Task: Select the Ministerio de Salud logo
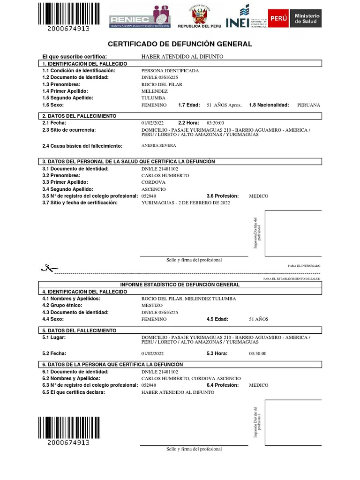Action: pyautogui.click(x=294, y=18)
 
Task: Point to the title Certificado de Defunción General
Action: pyautogui.click(x=180, y=44)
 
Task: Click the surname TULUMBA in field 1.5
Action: pyautogui.click(x=153, y=98)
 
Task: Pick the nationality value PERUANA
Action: pyautogui.click(x=308, y=105)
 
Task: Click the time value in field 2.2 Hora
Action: pyautogui.click(x=222, y=122)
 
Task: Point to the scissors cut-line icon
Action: pyautogui.click(x=49, y=269)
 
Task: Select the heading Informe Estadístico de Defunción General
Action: pyautogui.click(x=180, y=285)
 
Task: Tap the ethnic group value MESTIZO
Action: pyautogui.click(x=152, y=306)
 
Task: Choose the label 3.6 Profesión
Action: pyautogui.click(x=223, y=196)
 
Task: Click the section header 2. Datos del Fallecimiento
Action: pyautogui.click(x=79, y=115)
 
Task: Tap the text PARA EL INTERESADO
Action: pyautogui.click(x=304, y=266)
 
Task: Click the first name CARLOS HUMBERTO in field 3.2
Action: pyautogui.click(x=165, y=175)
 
